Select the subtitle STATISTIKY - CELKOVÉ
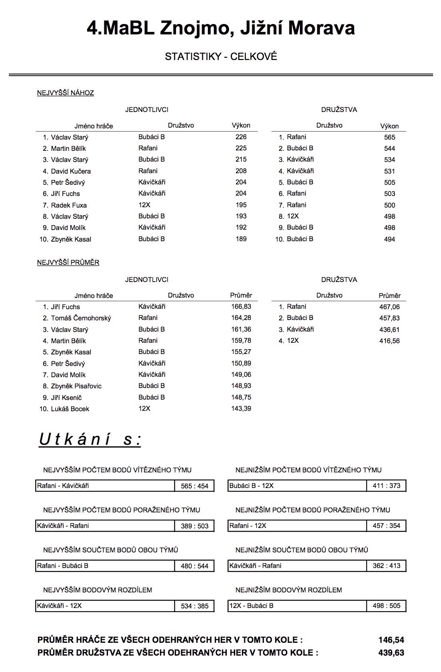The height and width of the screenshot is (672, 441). click(x=221, y=56)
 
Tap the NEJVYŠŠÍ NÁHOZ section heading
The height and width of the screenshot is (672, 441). click(x=66, y=93)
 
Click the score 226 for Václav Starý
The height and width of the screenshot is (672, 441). click(x=241, y=137)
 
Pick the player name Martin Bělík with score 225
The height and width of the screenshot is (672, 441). click(x=68, y=148)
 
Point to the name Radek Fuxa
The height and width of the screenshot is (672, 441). click(x=69, y=205)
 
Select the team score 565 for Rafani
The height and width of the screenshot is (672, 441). click(x=389, y=137)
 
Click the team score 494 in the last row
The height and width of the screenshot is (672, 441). click(x=389, y=239)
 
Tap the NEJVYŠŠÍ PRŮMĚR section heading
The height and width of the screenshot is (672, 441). click(x=68, y=262)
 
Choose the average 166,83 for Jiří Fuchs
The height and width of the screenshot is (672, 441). click(x=241, y=306)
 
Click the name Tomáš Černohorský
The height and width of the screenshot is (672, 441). click(x=81, y=318)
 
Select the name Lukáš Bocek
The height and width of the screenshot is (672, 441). click(x=70, y=409)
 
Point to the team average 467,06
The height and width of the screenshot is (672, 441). click(x=389, y=307)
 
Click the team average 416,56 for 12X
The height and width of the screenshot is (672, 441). click(x=389, y=341)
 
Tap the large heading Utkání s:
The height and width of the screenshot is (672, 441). click(x=90, y=439)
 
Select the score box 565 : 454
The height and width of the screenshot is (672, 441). click(x=195, y=486)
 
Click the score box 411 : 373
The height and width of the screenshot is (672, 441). click(x=386, y=486)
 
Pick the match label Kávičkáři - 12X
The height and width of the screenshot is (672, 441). click(x=60, y=606)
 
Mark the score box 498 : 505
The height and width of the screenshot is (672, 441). click(x=386, y=606)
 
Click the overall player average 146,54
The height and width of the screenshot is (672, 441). click(x=391, y=640)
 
